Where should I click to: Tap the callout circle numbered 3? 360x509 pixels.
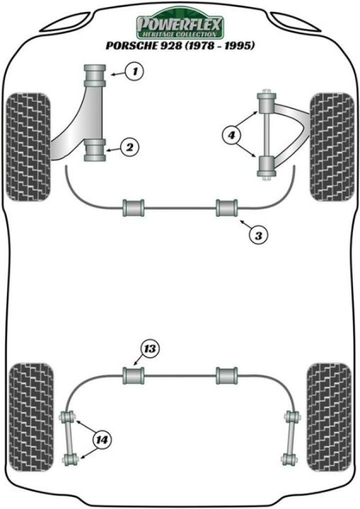point(257,234)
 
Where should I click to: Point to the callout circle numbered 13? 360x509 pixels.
point(149,348)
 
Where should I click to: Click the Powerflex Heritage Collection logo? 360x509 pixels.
point(180,24)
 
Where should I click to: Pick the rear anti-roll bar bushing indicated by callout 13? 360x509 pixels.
point(133,375)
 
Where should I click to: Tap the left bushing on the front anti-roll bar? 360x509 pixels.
point(133,207)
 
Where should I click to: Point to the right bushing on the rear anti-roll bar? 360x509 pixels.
point(227,375)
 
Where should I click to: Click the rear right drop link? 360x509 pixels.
point(290,438)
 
